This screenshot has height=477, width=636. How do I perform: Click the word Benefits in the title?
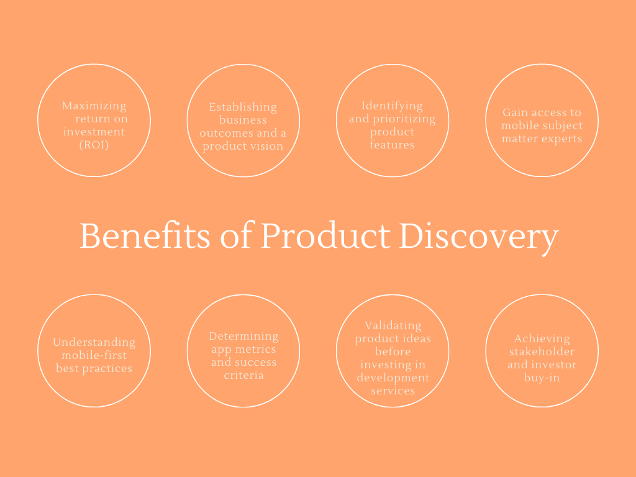point(145,235)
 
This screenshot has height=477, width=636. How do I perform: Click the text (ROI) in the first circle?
point(94,145)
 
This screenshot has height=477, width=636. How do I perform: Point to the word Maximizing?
point(94,106)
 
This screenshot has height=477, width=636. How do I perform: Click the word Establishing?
point(243,107)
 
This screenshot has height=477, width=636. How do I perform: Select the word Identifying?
point(393,106)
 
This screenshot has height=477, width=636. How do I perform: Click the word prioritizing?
point(404,119)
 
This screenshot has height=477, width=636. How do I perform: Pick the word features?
point(393,145)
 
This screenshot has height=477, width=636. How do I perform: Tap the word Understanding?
point(94,343)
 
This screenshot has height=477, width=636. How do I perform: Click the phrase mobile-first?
point(94,355)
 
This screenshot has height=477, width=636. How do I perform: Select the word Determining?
point(243,337)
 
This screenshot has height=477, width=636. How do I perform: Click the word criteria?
point(243,375)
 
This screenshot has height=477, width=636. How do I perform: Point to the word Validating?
point(393,325)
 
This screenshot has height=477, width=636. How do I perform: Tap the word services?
point(393,391)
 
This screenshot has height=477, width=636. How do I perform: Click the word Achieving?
point(542,338)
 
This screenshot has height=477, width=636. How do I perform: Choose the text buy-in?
point(542,378)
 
